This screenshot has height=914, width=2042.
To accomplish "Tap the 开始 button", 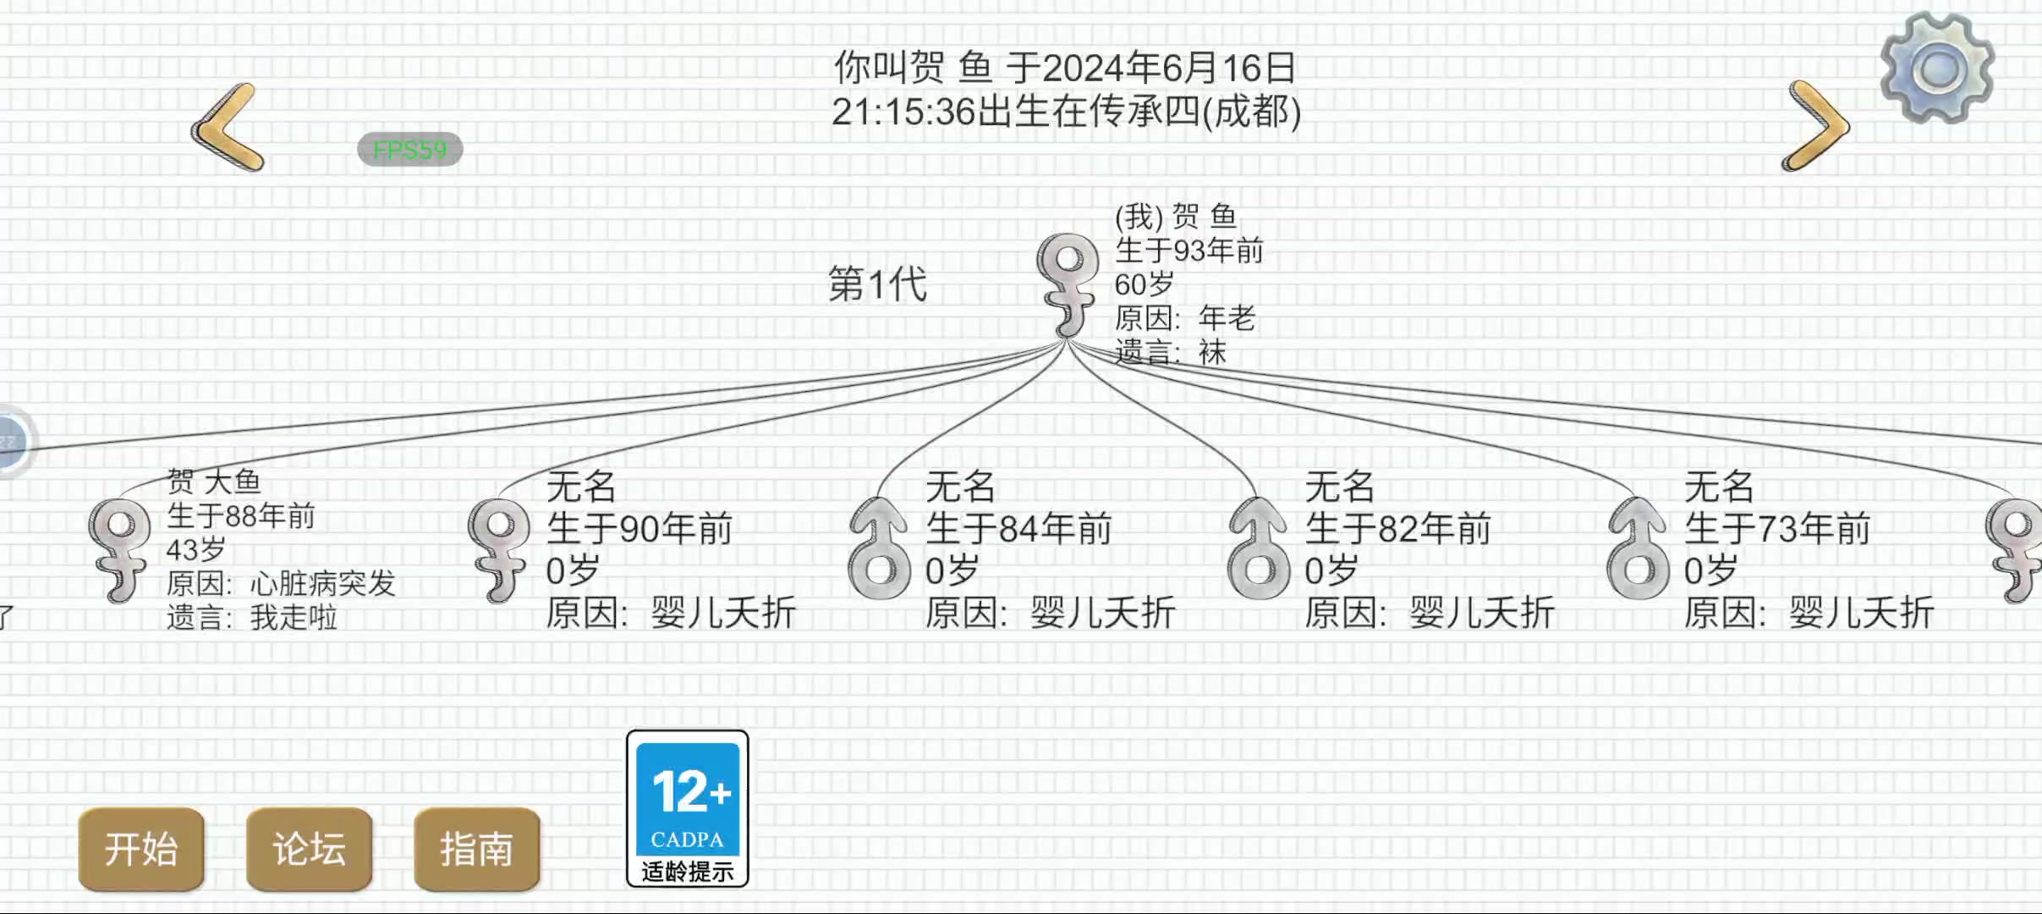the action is pyautogui.click(x=141, y=849).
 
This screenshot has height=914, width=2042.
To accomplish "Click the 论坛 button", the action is pyautogui.click(x=309, y=849).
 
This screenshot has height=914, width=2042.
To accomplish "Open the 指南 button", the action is pyautogui.click(x=476, y=849).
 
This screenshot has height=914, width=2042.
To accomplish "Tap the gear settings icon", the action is pyautogui.click(x=1937, y=68).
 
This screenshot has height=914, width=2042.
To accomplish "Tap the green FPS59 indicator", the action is pyautogui.click(x=410, y=150).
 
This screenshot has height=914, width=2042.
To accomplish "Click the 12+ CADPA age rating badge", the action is pyautogui.click(x=688, y=808).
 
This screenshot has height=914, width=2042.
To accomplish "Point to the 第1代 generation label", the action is pyautogui.click(x=877, y=284).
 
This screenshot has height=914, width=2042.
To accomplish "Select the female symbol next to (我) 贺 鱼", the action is pyautogui.click(x=1068, y=286).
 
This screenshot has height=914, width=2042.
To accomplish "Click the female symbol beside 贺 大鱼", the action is pyautogui.click(x=119, y=550).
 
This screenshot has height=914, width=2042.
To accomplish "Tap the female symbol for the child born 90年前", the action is pyautogui.click(x=499, y=550).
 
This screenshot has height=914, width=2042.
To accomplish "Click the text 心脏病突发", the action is pyautogui.click(x=322, y=583).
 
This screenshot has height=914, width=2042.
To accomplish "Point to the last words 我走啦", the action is pyautogui.click(x=294, y=618).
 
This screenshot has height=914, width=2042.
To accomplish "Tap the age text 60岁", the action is pyautogui.click(x=1144, y=284).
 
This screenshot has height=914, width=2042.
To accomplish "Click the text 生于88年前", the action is pyautogui.click(x=241, y=515).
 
